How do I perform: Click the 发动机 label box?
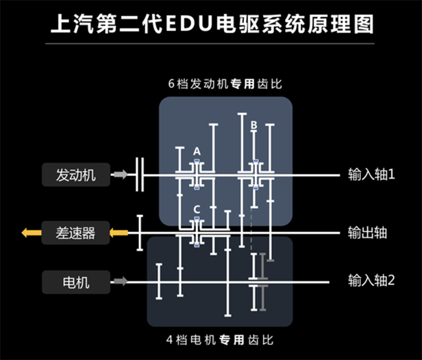tap(76, 174)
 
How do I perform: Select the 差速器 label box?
tap(76, 232)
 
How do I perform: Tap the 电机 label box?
tap(76, 282)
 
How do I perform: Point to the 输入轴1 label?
tap(371, 174)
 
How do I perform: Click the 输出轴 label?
tap(367, 232)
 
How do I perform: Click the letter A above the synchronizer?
tap(197, 151)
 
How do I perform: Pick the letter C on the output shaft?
tap(197, 209)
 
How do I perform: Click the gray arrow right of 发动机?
tap(119, 174)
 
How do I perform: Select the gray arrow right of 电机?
tap(119, 282)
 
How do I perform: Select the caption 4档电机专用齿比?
tap(220, 339)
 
